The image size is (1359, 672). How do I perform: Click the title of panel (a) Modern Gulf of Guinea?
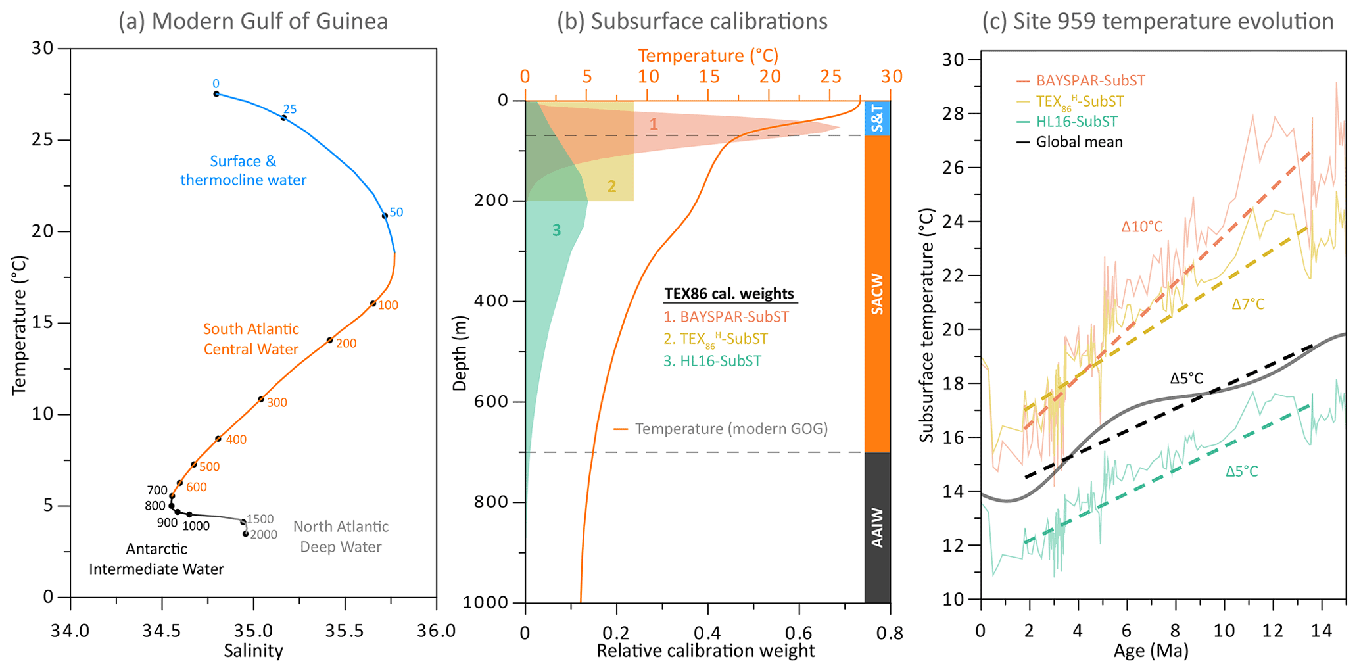point(252,22)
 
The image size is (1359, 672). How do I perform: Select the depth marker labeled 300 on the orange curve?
point(261,399)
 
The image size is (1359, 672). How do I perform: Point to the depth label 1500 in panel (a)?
point(260,519)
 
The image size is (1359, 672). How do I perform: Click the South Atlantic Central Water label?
point(251,339)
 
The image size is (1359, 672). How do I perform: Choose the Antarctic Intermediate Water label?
point(156,559)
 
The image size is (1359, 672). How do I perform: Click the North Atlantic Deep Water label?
point(341,537)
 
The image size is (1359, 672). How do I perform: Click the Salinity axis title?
point(253,651)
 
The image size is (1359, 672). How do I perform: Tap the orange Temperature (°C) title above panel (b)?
point(708,55)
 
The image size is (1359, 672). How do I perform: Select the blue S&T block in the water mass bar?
point(877,118)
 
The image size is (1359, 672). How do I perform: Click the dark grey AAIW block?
point(877,527)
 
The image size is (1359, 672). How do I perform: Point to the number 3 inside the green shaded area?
point(556,230)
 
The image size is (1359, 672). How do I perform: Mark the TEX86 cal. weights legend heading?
point(729,294)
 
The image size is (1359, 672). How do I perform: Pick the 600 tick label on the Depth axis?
point(490,402)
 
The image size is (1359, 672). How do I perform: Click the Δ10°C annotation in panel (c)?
point(1142,227)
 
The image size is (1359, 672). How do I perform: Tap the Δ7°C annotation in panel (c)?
point(1248,304)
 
